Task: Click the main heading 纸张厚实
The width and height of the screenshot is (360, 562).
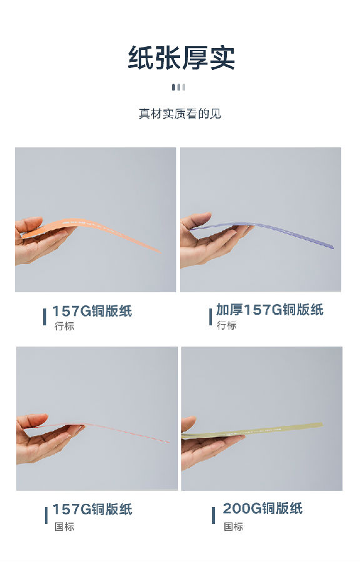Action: click(x=181, y=57)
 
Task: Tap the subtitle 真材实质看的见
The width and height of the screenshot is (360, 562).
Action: click(x=180, y=114)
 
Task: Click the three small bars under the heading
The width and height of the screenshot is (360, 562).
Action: click(x=179, y=87)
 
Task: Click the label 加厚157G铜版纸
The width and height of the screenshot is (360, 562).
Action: click(x=269, y=310)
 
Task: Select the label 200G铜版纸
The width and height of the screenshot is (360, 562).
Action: click(x=263, y=508)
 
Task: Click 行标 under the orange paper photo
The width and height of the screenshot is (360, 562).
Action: click(x=64, y=326)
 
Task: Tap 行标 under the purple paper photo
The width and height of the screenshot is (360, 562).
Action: click(x=227, y=325)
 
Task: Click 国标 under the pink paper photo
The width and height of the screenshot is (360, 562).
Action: click(x=64, y=526)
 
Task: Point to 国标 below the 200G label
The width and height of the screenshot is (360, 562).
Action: click(x=234, y=526)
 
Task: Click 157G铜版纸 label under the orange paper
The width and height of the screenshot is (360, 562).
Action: click(x=92, y=311)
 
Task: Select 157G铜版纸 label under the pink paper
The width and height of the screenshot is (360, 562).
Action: click(x=92, y=510)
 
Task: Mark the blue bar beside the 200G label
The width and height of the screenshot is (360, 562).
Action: click(x=214, y=515)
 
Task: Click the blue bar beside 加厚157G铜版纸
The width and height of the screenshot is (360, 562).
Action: click(x=211, y=317)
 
